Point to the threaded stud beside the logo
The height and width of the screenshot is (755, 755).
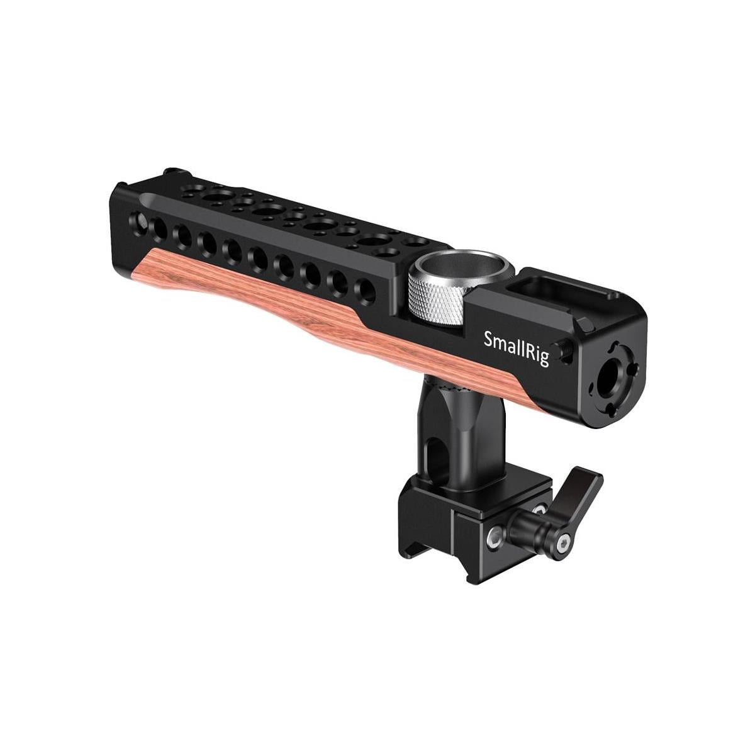pyautogui.click(x=565, y=350)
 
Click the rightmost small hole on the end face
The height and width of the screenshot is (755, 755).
pyautogui.click(x=632, y=372)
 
